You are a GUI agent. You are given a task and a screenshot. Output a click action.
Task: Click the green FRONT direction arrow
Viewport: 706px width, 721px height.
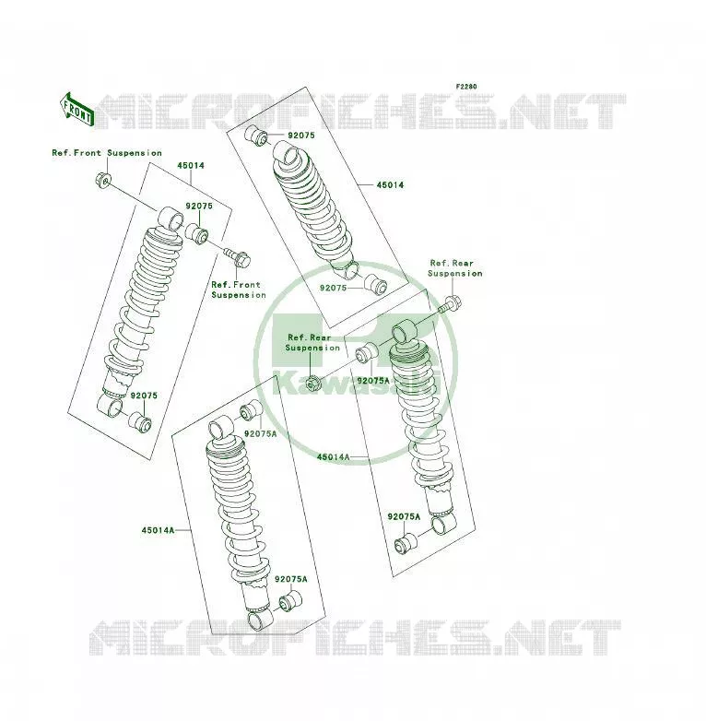point(76,111)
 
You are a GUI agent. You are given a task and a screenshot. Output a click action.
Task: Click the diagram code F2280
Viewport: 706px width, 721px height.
point(466,87)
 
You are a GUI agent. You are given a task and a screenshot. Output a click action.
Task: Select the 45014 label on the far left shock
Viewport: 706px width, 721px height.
point(191,166)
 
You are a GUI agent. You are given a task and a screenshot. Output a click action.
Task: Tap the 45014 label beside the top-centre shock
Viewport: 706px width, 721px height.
point(390,184)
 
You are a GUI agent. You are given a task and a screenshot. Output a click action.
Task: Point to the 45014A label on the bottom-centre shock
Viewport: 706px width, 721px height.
point(158,530)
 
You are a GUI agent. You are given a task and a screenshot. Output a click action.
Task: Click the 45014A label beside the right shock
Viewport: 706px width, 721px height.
point(333,457)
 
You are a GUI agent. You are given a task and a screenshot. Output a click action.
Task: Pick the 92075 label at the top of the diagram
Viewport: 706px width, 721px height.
point(301,136)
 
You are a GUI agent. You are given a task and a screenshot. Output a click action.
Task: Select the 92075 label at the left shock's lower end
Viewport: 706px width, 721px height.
point(144,396)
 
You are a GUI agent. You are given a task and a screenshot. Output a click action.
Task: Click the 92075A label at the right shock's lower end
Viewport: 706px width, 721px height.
point(404,517)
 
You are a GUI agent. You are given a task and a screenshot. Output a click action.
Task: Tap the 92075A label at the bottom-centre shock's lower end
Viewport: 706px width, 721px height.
point(291,579)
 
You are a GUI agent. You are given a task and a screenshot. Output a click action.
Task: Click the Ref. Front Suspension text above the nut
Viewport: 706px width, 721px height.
point(107,153)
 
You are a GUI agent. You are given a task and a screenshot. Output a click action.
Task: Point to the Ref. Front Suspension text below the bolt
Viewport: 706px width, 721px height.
point(239,290)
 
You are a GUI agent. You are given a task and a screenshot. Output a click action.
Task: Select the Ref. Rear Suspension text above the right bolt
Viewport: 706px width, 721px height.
point(455,268)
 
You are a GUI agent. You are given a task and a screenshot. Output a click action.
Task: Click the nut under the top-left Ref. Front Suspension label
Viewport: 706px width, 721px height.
point(103,181)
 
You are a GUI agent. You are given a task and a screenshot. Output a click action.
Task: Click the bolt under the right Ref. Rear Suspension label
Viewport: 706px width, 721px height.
point(451,304)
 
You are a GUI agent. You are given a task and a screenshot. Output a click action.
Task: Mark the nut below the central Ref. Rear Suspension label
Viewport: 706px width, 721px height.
point(312,382)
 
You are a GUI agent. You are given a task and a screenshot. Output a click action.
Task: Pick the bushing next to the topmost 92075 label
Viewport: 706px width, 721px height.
point(256,135)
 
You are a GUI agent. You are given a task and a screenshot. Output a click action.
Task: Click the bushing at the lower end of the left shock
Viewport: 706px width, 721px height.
point(140,423)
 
